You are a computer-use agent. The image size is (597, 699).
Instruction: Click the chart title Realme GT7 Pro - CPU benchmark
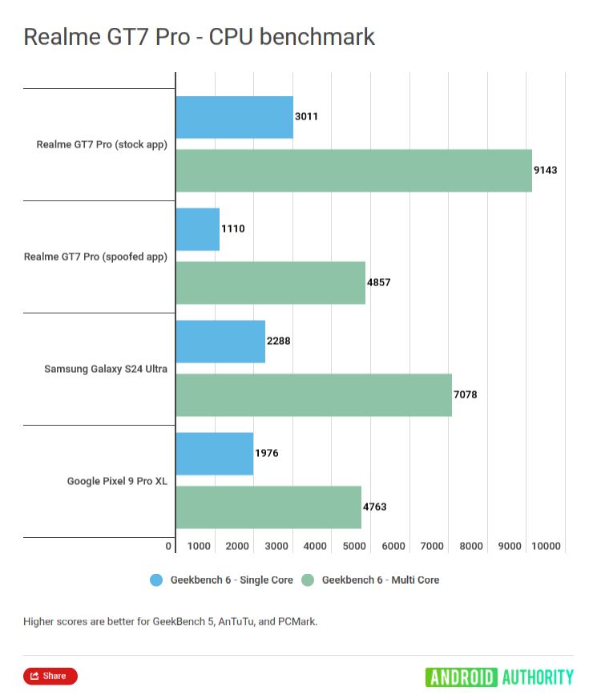pos(199,37)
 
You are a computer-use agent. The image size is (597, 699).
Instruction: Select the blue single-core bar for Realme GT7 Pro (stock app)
pos(234,117)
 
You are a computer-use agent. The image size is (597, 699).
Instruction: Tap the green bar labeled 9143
pos(353,170)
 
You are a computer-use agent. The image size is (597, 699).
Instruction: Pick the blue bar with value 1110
pos(197,229)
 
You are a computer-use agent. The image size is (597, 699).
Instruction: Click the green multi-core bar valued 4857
pos(270,282)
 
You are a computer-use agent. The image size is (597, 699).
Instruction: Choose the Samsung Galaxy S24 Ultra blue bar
pos(220,341)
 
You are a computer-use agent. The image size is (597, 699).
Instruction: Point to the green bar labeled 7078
pos(313,394)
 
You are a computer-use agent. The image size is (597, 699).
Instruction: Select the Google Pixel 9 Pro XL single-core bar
pos(214,454)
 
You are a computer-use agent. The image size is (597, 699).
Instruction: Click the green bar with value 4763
pos(268,507)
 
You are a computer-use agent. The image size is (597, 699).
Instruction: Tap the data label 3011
pos(306,116)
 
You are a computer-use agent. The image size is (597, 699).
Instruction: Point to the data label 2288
pos(278,341)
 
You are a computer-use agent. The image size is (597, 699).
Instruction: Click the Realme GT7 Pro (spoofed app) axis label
pos(95,257)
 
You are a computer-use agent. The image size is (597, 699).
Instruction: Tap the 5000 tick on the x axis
pos(354,546)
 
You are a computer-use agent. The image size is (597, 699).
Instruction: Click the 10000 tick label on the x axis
pos(546,546)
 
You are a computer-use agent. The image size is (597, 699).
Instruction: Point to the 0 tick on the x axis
pos(169,546)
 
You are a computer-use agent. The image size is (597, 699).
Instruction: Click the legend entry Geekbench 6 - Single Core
pos(232,580)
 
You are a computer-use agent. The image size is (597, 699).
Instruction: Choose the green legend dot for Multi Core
pos(308,580)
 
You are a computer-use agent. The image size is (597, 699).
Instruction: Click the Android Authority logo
pos(499,677)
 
